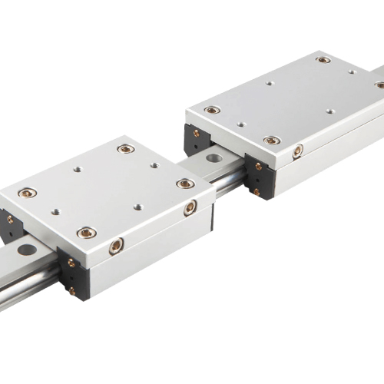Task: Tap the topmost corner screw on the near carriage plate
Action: [125, 148]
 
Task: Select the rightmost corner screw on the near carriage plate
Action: [184, 183]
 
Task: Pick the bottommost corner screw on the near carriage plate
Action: [87, 232]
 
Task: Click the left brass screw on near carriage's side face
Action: [116, 246]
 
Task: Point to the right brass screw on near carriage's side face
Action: [190, 207]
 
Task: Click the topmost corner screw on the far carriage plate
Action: [323, 59]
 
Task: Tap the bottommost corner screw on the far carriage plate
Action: [271, 141]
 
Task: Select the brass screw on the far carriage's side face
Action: [297, 150]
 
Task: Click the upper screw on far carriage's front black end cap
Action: [258, 166]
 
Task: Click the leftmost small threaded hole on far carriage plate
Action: [240, 124]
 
